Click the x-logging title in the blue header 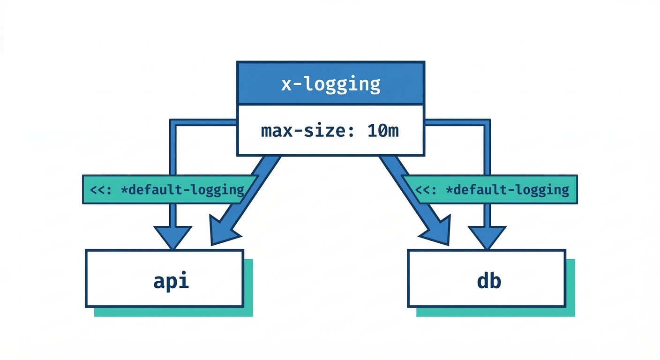click(x=330, y=83)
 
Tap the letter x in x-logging click(x=286, y=85)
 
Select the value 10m click(x=383, y=131)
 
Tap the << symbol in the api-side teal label click(x=97, y=190)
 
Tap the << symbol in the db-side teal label click(x=423, y=190)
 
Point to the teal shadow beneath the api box click(x=173, y=312)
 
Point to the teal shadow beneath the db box click(x=495, y=312)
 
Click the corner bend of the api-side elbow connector click(x=173, y=123)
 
